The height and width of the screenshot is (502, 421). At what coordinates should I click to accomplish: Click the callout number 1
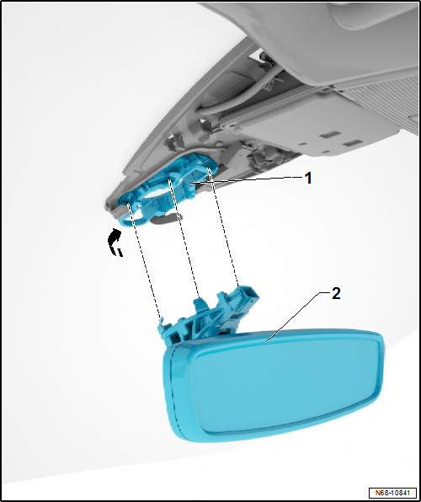[x=308, y=179]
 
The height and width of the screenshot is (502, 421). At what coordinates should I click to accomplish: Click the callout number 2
[x=336, y=293]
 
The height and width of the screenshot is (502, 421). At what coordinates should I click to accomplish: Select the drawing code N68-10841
[x=392, y=492]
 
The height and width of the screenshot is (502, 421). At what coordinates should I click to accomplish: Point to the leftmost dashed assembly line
[x=144, y=260]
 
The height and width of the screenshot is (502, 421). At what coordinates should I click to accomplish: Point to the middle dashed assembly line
[x=184, y=238]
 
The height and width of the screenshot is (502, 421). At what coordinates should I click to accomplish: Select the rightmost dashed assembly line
[x=223, y=227]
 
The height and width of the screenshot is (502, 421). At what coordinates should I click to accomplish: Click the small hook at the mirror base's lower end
[x=163, y=323]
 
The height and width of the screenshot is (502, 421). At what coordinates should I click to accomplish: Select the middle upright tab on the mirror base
[x=200, y=305]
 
